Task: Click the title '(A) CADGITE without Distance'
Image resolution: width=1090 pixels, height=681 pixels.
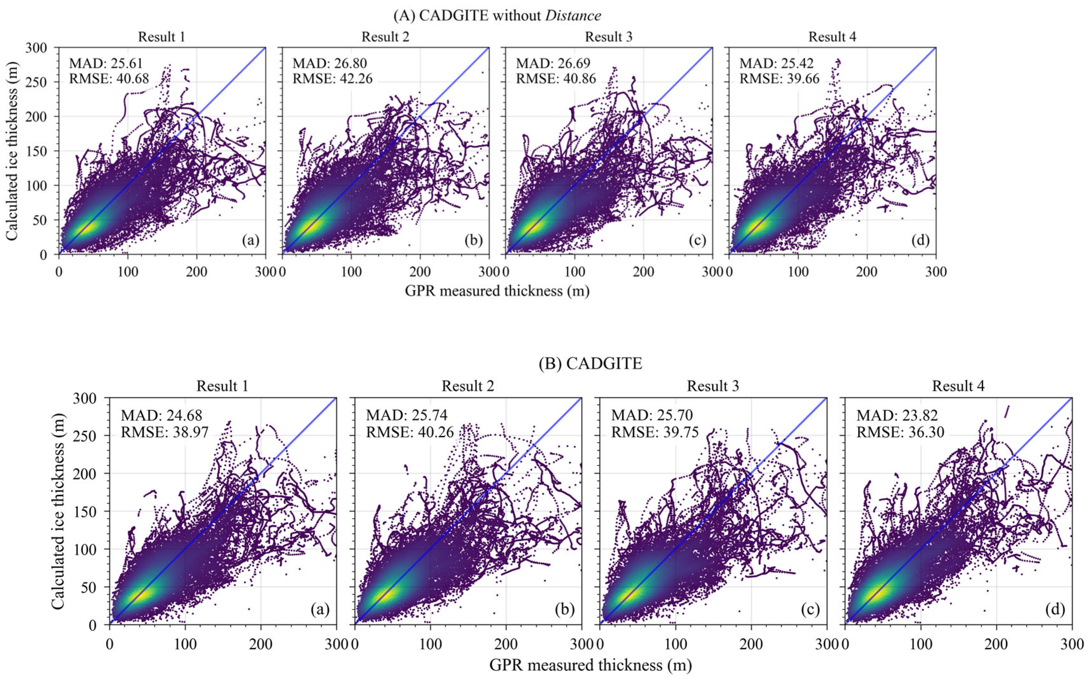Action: (x=497, y=16)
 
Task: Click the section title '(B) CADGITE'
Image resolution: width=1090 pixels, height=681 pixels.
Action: (x=590, y=363)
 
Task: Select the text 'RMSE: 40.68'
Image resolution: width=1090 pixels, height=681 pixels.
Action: (x=109, y=78)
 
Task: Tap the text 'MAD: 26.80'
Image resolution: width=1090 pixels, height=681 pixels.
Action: (x=330, y=63)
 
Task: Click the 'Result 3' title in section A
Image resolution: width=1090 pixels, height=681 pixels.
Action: (x=609, y=36)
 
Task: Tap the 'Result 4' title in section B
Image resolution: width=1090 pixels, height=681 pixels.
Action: (x=958, y=386)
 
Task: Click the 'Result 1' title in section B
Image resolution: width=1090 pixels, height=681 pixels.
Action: (x=222, y=386)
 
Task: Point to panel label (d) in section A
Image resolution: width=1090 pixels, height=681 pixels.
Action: (x=920, y=241)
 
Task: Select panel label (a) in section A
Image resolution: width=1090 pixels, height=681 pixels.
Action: (x=251, y=241)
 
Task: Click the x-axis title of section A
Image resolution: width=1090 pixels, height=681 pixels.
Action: (x=497, y=291)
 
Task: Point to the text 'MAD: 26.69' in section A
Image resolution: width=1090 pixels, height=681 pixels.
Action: (x=553, y=63)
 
